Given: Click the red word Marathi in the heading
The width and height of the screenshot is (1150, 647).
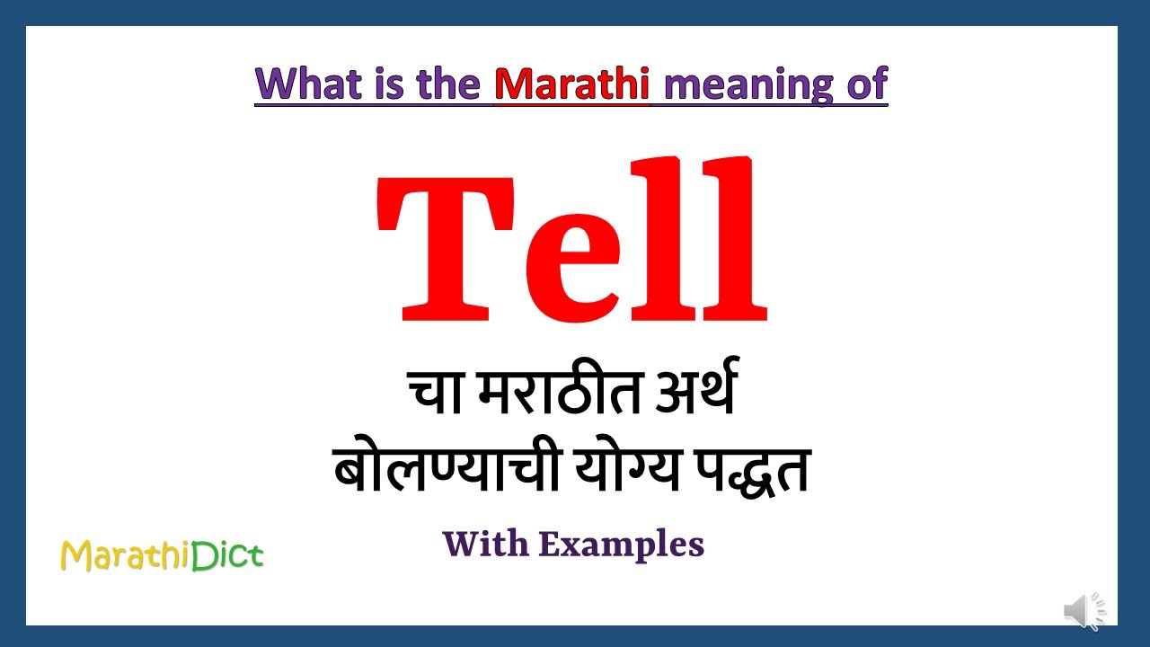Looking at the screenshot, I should pos(572,84).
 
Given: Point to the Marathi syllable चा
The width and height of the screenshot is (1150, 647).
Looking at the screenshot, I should pos(438,396).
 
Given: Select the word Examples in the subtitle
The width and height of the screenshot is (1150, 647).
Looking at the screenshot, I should pos(622,545).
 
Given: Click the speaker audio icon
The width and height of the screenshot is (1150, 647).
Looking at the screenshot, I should pos(1085,611).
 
